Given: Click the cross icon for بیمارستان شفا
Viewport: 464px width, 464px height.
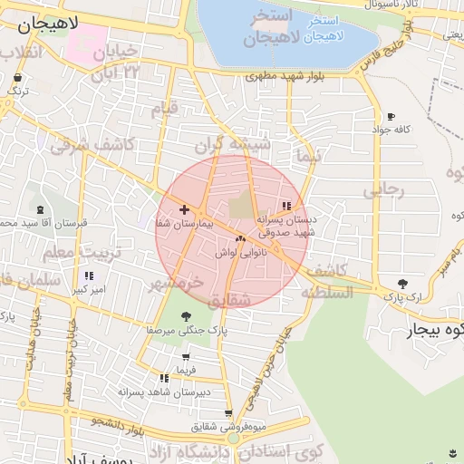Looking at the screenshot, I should tap(185, 209).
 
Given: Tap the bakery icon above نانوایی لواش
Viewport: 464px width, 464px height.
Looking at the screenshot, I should tap(240, 239).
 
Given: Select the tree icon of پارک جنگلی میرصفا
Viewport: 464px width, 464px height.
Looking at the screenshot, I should tap(187, 316).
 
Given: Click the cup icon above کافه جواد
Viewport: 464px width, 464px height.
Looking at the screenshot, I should tap(391, 117).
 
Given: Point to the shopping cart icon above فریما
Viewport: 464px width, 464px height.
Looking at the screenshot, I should tap(186, 358).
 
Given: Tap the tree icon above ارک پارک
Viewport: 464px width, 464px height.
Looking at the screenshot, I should tap(402, 283).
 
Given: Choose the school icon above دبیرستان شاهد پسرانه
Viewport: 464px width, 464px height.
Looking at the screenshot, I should tap(164, 378).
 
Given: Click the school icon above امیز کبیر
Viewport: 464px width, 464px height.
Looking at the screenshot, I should tap(88, 275).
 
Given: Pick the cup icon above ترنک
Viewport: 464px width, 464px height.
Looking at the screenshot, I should tap(17, 78).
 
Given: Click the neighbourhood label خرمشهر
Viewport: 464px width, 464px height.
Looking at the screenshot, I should tap(176, 283).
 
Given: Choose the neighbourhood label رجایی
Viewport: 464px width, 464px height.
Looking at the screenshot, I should tap(382, 191).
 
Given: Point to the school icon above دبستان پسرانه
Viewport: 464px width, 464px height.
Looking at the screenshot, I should tap(287, 206).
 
